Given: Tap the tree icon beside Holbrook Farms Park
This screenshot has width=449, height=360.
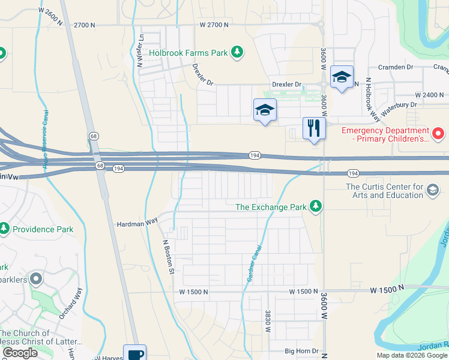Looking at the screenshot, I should coord(238,52).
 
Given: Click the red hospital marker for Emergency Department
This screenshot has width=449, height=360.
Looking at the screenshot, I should coord(439,133).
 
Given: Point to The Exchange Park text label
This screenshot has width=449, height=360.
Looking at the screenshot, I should coord(271,207).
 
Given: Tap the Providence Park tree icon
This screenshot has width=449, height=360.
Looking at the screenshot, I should coord(5,229).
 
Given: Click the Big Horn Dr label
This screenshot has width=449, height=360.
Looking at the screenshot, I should coord(301,350).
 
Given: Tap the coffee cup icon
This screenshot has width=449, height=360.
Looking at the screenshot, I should coord(134,354).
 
